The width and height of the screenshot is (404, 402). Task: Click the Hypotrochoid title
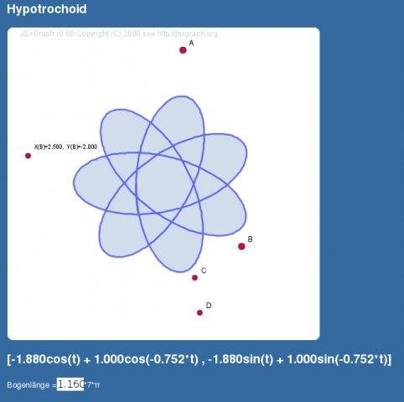coord(47,9)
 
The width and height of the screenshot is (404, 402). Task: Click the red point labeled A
coord(183,50)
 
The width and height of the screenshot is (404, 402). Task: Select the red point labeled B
coord(241,246)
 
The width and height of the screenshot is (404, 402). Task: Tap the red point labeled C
coord(194,278)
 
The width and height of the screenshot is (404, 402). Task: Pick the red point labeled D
coord(199,313)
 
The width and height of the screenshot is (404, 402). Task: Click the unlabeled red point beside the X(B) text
coord(28,156)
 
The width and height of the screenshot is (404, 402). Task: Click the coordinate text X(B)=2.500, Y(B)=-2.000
coord(65,147)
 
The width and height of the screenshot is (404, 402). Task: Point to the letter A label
coord(191,43)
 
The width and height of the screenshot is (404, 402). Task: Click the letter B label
coord(250,240)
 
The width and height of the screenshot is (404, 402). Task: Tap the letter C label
coord(204,271)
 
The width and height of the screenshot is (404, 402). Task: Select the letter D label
coord(209,306)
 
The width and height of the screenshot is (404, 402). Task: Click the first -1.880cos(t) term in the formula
coord(45,359)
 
